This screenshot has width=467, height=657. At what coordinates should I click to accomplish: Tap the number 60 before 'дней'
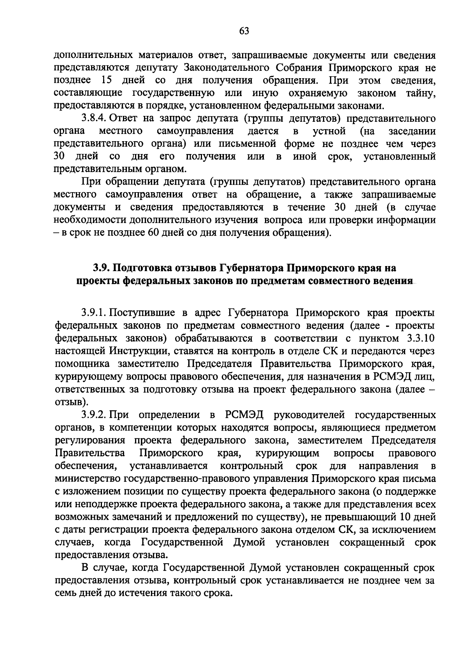[x=164, y=233]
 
